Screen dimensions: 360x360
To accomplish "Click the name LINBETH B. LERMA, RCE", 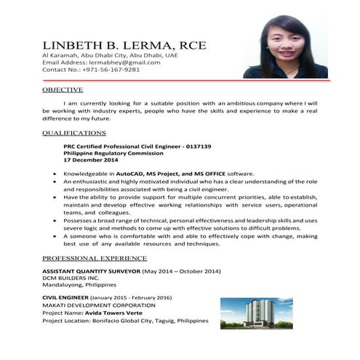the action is (124, 45).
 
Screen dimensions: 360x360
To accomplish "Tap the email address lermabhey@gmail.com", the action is (116, 63).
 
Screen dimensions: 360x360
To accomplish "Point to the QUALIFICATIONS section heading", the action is (74, 133).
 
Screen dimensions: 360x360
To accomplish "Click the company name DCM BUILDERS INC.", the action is (71, 278).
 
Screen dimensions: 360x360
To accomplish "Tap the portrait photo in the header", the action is (285, 45).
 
